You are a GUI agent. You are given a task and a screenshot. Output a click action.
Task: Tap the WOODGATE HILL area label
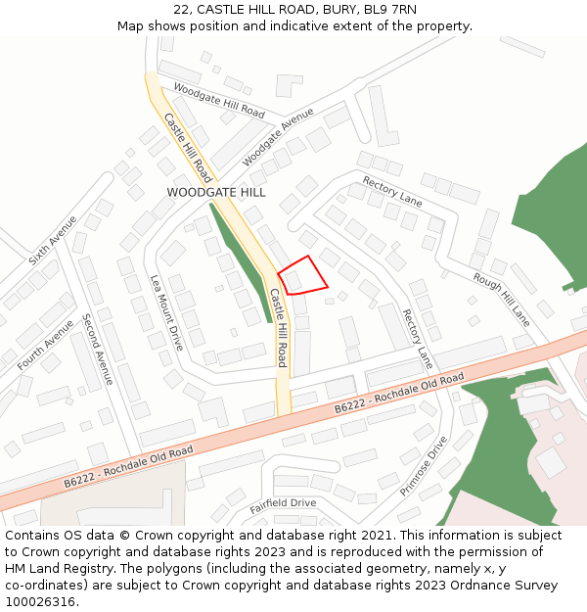216,193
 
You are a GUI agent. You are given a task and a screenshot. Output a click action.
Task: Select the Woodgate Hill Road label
219,100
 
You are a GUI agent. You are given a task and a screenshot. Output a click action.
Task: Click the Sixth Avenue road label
53,241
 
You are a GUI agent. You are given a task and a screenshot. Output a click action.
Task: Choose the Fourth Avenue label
45,344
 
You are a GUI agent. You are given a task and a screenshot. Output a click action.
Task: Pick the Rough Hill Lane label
501,299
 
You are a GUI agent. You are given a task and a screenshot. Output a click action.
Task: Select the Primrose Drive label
423,466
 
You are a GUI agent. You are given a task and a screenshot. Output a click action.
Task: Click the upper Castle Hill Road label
187,148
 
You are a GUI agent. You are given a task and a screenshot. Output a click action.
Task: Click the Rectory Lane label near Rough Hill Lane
392,191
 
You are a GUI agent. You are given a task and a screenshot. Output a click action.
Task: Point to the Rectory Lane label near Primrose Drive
418,339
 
